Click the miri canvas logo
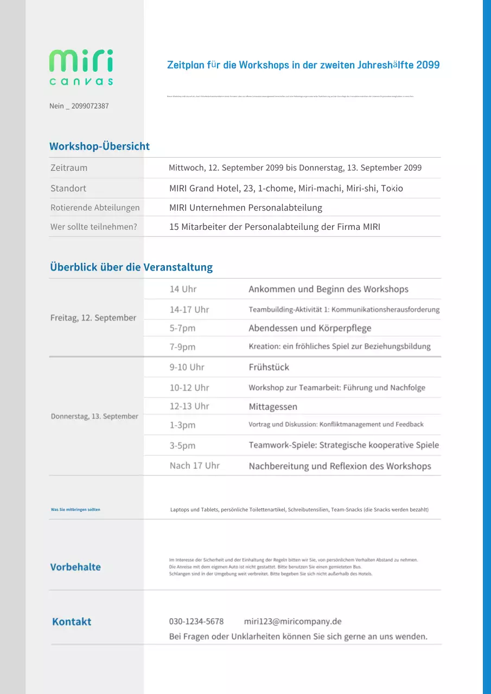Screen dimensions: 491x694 (x=81, y=67)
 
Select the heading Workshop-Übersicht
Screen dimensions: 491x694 (x=99, y=146)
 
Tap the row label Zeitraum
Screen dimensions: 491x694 (x=69, y=168)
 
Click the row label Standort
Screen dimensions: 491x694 (x=68, y=189)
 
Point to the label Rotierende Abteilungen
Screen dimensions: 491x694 (x=95, y=208)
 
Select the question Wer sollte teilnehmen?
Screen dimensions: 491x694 (x=94, y=227)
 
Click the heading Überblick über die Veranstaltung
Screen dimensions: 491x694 (x=131, y=267)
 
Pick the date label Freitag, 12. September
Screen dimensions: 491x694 (x=93, y=318)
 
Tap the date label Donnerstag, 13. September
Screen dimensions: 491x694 (x=94, y=416)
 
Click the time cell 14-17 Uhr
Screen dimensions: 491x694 (x=189, y=310)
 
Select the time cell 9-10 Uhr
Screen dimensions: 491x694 (x=187, y=367)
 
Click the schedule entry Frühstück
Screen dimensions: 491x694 (x=269, y=367)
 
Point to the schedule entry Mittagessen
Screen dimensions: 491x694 (x=273, y=407)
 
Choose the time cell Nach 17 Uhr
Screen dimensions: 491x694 (x=195, y=466)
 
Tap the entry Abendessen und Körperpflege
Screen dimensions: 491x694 (x=310, y=328)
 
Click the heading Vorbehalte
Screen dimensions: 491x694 (x=75, y=567)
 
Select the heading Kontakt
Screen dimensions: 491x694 (x=72, y=622)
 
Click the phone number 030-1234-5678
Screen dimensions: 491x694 (x=196, y=621)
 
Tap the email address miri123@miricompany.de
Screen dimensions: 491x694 (x=292, y=621)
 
